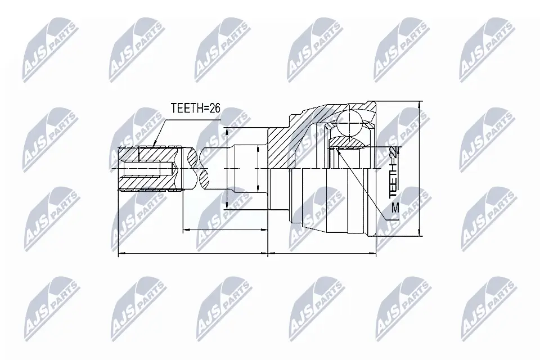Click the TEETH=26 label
click(x=194, y=108)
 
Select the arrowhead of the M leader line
click(x=338, y=150)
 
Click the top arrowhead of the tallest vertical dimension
click(x=421, y=105)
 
